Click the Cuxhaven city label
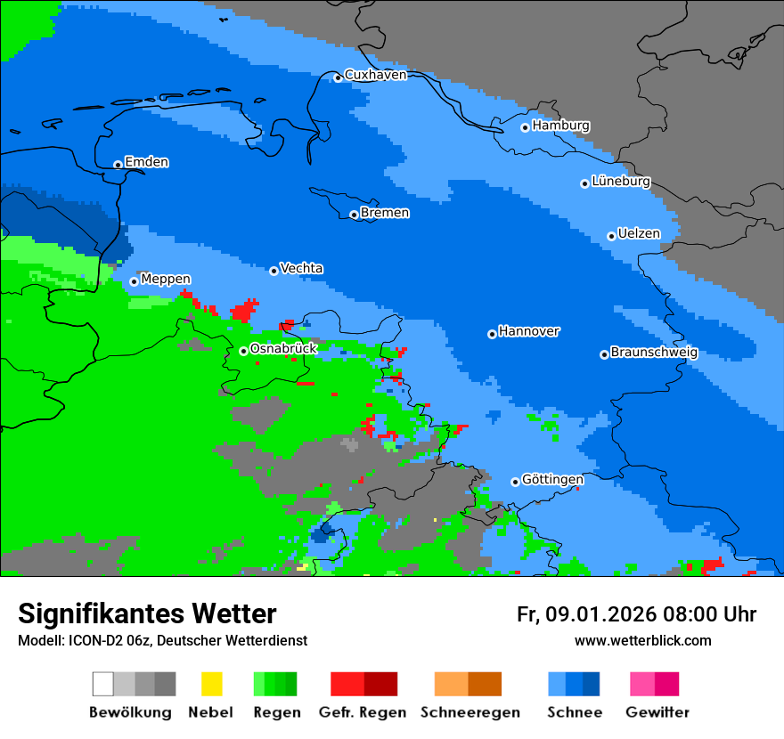coord(375,75)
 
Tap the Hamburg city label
coord(560,126)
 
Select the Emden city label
coord(146,162)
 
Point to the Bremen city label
coord(385,213)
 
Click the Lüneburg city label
coord(621,182)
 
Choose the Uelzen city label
coord(639,233)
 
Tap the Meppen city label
coord(166,279)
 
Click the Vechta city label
coord(301,268)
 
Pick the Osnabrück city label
coord(283,349)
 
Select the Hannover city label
coord(528,331)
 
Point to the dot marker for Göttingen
coord(515,482)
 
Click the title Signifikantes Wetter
coord(147,613)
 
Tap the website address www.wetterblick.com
coord(642,640)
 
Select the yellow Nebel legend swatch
coord(211,684)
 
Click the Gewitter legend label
coord(657,712)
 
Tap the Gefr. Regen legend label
coord(363,712)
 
